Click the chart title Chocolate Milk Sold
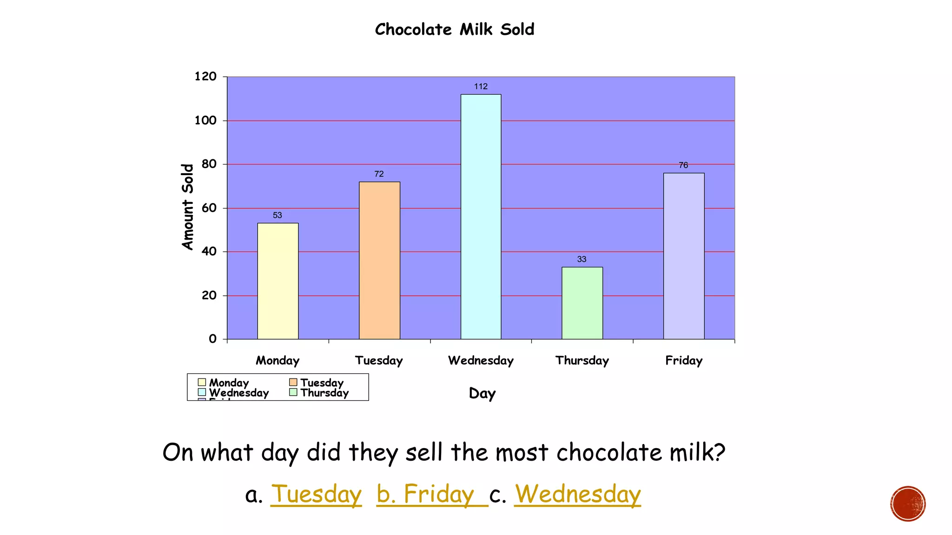tap(455, 29)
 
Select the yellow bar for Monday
tap(278, 281)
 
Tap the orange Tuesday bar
tap(379, 260)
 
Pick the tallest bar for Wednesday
tap(481, 216)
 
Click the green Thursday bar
tap(582, 303)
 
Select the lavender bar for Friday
tap(683, 256)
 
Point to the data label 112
tap(481, 86)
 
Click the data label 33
tap(582, 259)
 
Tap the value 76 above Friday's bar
tap(683, 165)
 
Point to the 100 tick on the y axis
tap(205, 121)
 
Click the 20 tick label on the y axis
tap(209, 295)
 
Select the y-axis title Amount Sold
tap(187, 207)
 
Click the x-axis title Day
tap(482, 393)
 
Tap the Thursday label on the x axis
tap(582, 360)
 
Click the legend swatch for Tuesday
tap(293, 382)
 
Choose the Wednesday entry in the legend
tap(238, 392)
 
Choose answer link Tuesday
tap(316, 494)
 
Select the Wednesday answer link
tap(577, 494)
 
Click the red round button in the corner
tap(908, 504)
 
